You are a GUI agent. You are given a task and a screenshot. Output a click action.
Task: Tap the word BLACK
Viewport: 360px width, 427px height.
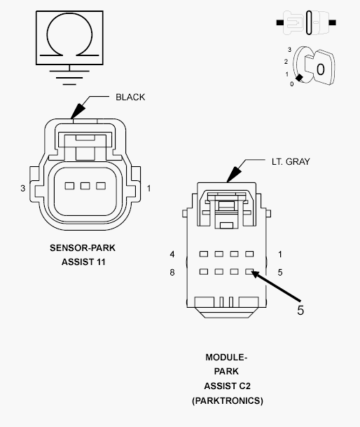coord(130,97)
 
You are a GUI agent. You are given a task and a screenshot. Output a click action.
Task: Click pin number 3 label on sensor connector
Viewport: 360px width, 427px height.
coord(22,189)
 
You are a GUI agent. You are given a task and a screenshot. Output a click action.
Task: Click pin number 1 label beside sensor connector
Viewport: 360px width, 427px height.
coord(148,189)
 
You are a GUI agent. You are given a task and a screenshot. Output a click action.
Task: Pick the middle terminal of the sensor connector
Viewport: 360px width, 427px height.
coord(85,186)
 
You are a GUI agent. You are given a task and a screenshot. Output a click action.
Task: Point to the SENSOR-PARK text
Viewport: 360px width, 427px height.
coord(83,248)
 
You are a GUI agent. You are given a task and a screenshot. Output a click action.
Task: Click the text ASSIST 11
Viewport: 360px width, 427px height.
coord(83,262)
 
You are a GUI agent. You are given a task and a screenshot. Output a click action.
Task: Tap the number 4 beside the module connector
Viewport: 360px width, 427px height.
coord(172,254)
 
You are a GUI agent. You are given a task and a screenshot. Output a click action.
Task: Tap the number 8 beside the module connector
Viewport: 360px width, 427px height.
coord(172,272)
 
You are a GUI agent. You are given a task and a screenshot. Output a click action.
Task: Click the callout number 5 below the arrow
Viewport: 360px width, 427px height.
coord(300,310)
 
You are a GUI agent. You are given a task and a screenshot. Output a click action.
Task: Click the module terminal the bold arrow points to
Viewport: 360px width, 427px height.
coord(249,271)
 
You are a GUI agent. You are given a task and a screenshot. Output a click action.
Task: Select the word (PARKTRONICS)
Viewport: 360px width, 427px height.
coord(227,401)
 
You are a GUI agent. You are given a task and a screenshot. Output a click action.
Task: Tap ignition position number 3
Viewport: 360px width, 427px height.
coord(289,49)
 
